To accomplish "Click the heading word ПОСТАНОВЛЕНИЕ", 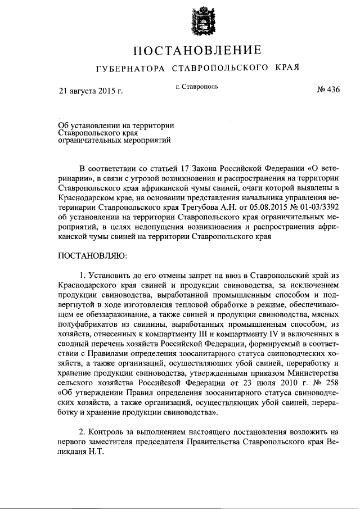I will point(197,51).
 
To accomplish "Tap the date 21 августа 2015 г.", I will point(91,90).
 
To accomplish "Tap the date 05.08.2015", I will point(259,209).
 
